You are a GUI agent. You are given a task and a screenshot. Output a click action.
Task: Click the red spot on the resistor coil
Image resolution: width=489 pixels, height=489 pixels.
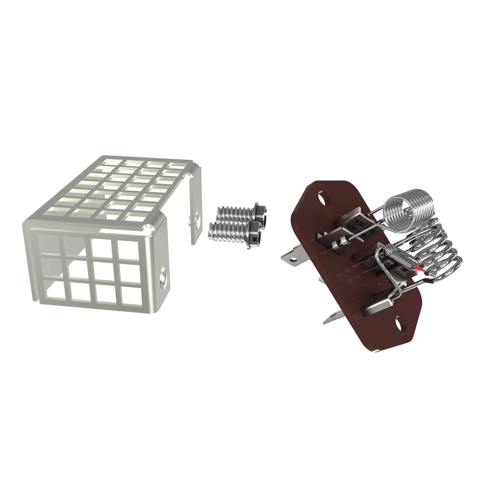tap(417, 267)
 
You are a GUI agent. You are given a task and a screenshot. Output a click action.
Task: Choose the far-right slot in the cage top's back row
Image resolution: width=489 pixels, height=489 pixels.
tap(177, 166)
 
